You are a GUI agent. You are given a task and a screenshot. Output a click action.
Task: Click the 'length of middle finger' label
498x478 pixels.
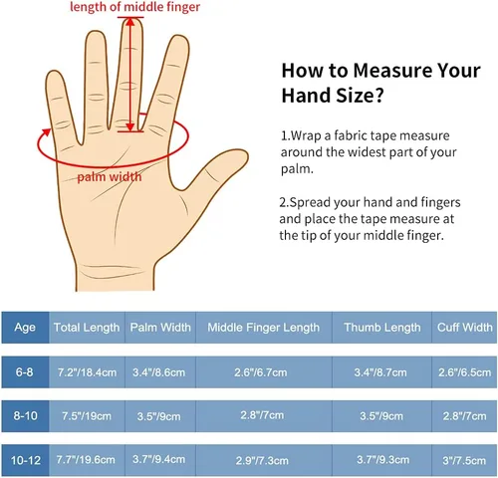[x=134, y=7]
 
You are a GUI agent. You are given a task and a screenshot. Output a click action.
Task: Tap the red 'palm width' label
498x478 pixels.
[x=110, y=176]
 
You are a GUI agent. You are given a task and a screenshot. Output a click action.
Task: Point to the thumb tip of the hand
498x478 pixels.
[x=245, y=153]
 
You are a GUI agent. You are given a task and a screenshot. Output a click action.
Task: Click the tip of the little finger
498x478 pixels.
[x=53, y=73]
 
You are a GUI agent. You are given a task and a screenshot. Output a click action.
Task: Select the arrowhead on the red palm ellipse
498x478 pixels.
[x=46, y=133]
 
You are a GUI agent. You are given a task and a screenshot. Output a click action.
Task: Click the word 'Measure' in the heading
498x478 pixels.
[x=392, y=71]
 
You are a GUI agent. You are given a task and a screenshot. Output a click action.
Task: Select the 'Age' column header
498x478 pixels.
[x=25, y=327]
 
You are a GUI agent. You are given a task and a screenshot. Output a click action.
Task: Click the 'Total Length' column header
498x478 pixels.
[x=87, y=328]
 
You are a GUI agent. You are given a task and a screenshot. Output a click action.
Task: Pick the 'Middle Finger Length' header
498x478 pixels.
[x=264, y=328]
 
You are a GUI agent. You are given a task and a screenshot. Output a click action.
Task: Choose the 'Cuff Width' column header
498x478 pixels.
[x=465, y=328]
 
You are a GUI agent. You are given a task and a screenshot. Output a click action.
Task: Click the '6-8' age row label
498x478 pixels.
[x=24, y=371]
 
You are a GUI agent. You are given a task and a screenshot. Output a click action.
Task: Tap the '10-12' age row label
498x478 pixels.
[x=26, y=460]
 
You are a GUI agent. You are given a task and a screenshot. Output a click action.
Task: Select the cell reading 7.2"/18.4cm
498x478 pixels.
[x=87, y=372]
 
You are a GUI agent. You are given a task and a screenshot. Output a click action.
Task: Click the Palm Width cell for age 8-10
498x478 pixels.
[x=158, y=416]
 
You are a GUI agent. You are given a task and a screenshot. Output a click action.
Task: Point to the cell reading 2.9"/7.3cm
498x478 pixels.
[x=262, y=460]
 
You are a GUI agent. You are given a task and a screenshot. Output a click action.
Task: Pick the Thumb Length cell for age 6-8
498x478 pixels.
[x=380, y=372]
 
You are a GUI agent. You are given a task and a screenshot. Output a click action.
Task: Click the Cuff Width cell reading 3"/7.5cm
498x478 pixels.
[x=464, y=460]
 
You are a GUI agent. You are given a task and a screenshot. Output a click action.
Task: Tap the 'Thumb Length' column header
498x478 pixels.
[x=382, y=328]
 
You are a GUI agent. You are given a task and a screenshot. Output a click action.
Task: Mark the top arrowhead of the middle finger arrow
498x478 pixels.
[x=130, y=21]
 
